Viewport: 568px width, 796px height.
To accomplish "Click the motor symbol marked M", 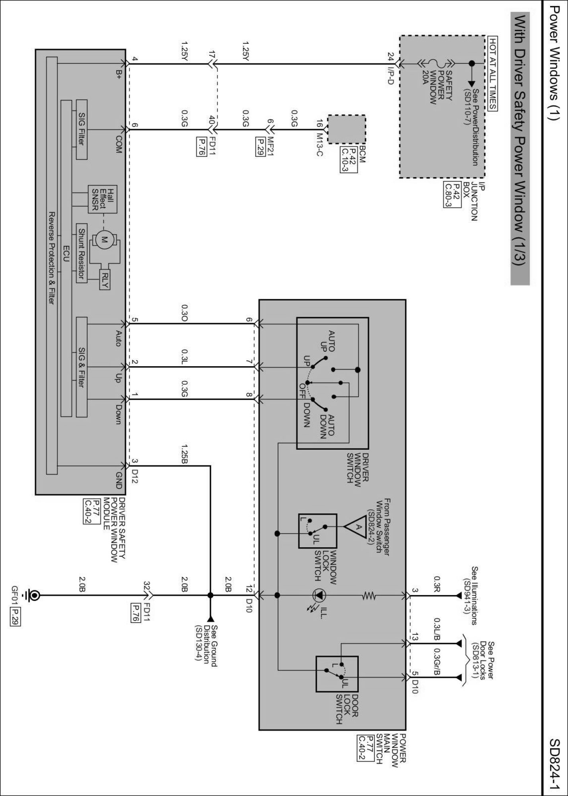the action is click(x=105, y=240).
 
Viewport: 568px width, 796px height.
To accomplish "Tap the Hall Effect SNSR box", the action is click(x=103, y=199).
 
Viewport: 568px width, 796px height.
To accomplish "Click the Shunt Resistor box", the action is click(x=82, y=253).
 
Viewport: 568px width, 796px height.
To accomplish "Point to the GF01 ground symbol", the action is click(x=34, y=595).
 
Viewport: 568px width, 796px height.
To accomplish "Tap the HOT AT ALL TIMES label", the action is click(x=493, y=74).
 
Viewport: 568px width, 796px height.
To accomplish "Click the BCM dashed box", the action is click(x=346, y=129).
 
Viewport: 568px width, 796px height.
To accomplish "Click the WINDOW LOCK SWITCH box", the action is click(x=318, y=531).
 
